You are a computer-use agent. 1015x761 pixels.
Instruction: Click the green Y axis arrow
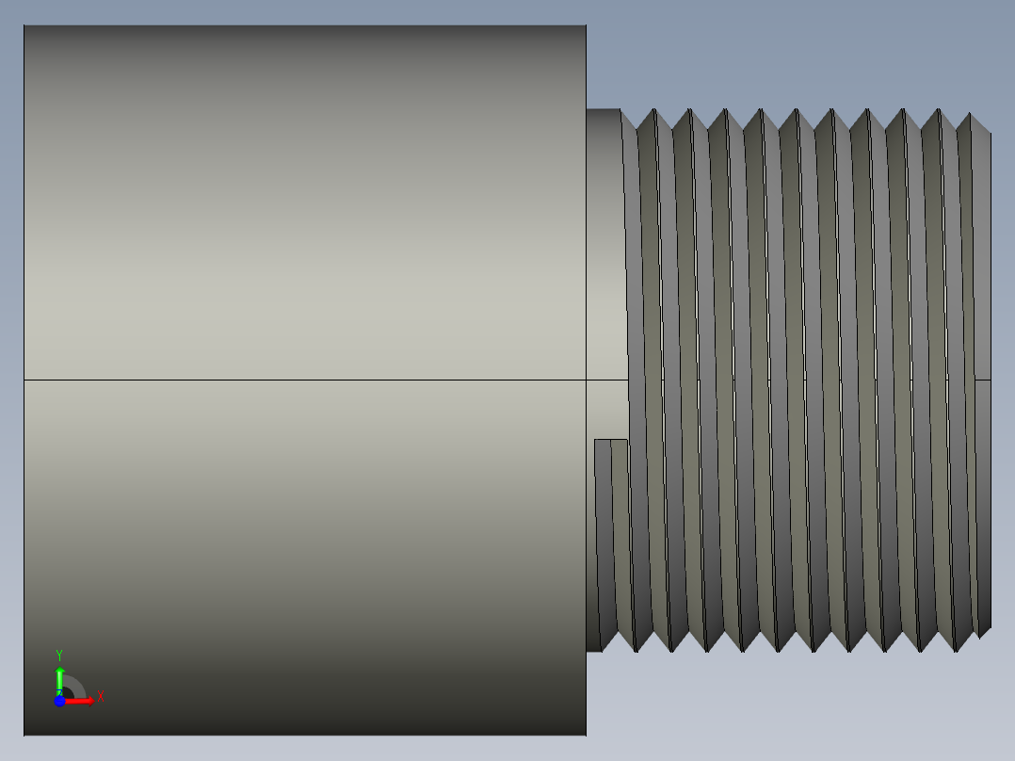59,677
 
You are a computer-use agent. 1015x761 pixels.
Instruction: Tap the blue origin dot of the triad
59,701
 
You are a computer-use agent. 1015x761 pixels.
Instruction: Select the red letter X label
101,697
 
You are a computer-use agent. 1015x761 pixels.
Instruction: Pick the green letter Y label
59,655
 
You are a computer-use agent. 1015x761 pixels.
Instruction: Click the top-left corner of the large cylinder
24,26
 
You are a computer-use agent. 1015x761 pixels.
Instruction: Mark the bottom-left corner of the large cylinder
24,734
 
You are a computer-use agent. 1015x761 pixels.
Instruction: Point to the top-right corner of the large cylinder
586,26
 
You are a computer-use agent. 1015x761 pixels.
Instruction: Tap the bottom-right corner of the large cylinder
586,734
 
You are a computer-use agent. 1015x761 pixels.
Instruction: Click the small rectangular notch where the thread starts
611,450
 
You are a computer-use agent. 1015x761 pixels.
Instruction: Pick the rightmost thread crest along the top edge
969,114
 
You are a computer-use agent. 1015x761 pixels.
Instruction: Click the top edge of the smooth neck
603,109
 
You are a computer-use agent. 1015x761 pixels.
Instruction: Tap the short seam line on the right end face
983,380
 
